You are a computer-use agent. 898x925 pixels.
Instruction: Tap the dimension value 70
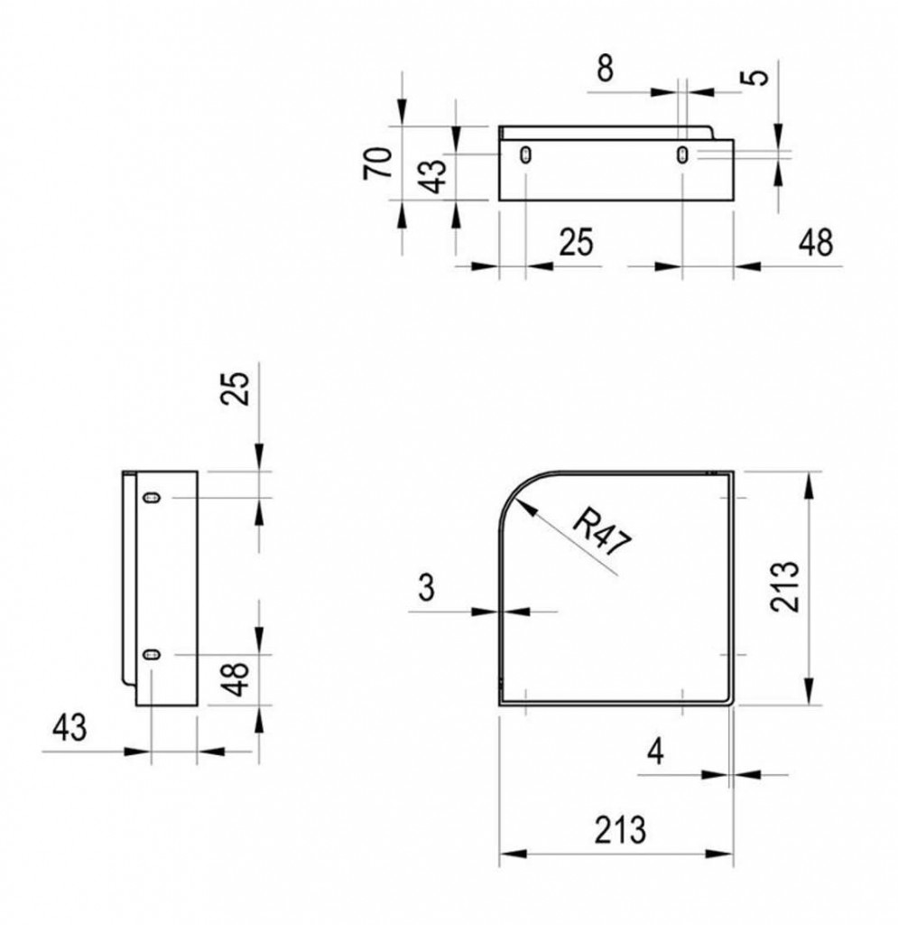378,163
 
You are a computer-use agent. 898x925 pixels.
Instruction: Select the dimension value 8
606,68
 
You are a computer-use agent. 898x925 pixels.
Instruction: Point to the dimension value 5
760,78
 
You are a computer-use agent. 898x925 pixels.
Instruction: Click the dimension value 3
426,587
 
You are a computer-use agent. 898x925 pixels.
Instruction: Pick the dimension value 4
655,752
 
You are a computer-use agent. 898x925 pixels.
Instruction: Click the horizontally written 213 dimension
620,830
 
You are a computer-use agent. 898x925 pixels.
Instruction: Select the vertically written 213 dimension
785,586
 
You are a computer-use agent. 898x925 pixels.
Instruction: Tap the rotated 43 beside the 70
435,176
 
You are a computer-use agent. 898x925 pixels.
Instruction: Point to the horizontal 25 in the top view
577,242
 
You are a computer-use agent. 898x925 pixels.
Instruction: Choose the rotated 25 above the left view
235,388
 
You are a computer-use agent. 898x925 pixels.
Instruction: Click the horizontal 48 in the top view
816,242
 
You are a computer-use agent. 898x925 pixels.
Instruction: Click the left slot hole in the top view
525,155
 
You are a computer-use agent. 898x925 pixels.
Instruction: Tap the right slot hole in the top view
682,155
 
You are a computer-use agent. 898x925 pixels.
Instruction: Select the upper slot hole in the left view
152,498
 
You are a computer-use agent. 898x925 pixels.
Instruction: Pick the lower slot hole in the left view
152,654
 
